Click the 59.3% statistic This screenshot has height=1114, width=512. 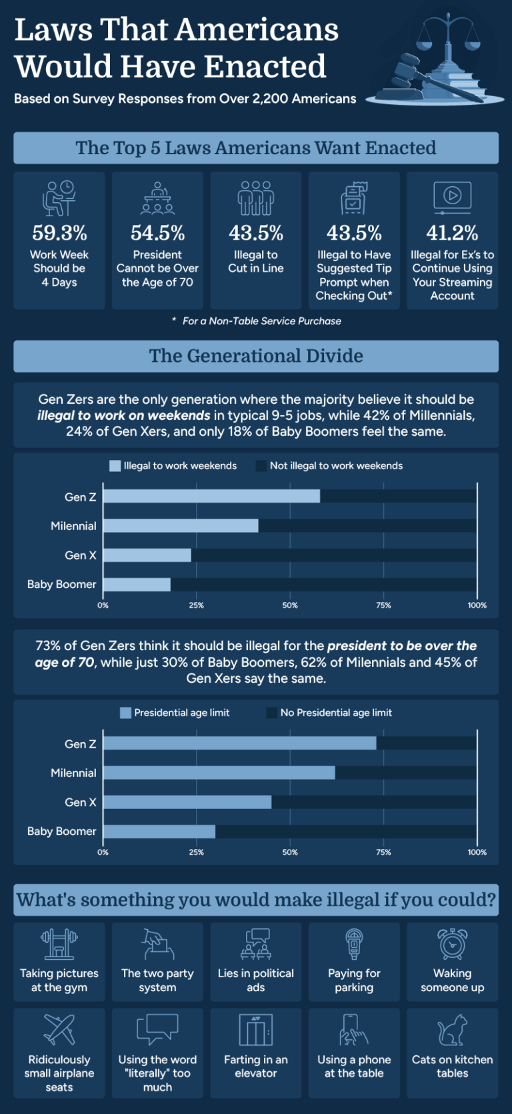(59, 233)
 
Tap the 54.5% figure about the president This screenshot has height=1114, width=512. (157, 233)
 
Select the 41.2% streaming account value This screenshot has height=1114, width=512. (452, 233)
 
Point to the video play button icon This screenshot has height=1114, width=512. (452, 196)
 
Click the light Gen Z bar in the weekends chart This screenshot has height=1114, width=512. (211, 496)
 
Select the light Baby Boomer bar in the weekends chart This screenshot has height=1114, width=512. (137, 585)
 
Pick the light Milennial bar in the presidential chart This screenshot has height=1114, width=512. (219, 773)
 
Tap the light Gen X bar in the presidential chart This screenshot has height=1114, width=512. (187, 802)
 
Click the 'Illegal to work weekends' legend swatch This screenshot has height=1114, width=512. (115, 466)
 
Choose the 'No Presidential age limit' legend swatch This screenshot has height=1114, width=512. (271, 713)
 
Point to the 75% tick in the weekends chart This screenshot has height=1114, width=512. (383, 605)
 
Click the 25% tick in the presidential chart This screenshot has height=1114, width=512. (196, 852)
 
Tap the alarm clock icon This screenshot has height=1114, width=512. (452, 943)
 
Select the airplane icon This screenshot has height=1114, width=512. (59, 1029)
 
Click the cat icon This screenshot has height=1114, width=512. (452, 1030)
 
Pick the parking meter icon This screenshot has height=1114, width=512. (354, 944)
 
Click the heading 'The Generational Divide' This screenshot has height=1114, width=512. (256, 356)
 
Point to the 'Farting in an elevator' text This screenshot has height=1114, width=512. (256, 1066)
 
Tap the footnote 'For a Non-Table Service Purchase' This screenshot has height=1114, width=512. (261, 321)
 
